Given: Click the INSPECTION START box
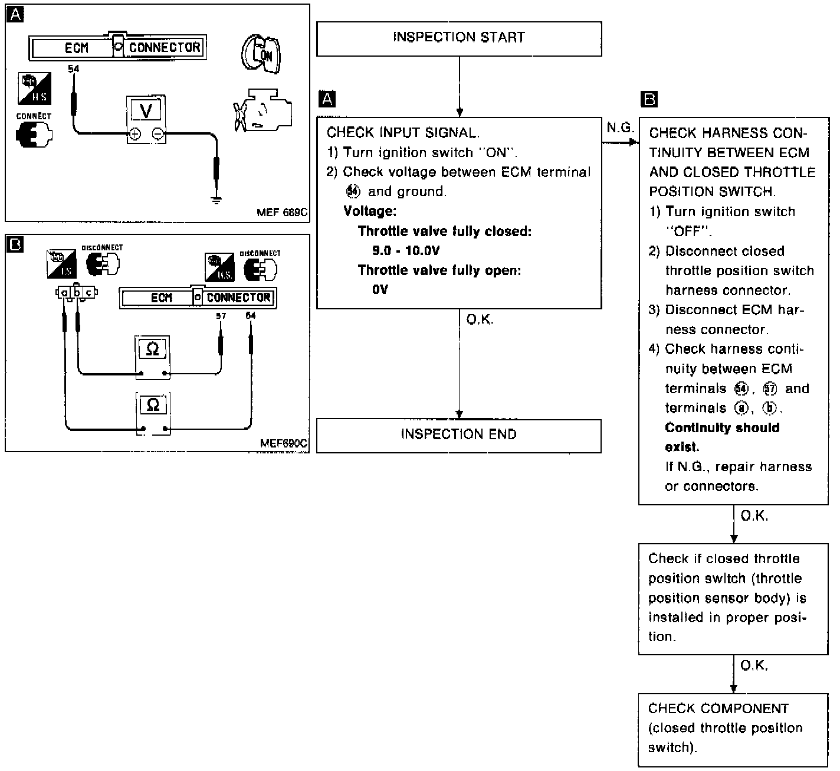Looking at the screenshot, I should [x=459, y=38].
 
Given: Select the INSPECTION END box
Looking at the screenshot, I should [x=459, y=436].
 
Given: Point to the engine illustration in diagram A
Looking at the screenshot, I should [x=261, y=110].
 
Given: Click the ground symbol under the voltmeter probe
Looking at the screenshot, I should [x=216, y=200].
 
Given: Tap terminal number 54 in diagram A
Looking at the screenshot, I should [x=73, y=69].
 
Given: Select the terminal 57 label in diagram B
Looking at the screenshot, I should [x=221, y=316].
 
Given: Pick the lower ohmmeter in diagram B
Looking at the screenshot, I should [x=153, y=412].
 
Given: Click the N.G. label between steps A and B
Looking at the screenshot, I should [x=620, y=128].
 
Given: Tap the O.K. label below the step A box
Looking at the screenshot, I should [x=480, y=320].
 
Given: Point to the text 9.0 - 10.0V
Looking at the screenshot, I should [x=406, y=250].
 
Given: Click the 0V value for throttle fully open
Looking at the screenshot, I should [x=380, y=289].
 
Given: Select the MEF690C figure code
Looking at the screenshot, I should [x=284, y=443].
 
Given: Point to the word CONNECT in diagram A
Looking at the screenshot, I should [x=34, y=116].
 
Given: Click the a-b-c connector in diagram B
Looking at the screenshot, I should [x=77, y=292].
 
